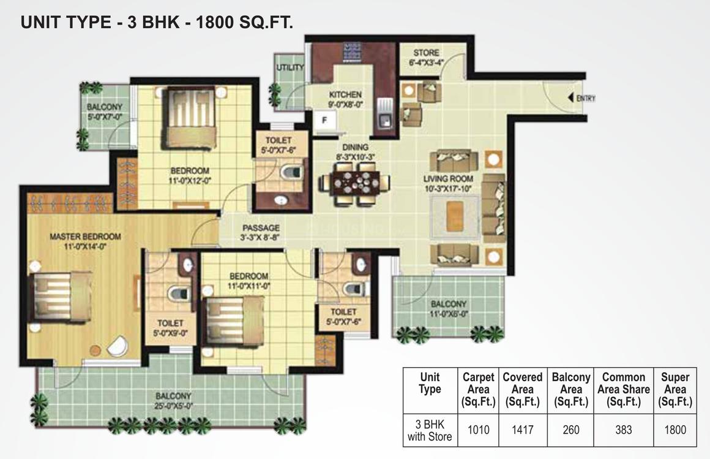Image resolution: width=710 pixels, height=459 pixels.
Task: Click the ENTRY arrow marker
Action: [571, 97]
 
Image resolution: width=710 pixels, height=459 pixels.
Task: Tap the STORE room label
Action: [426, 53]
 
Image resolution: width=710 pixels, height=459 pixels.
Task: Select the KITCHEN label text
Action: [345, 95]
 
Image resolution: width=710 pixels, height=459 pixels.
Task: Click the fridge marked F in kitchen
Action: [324, 121]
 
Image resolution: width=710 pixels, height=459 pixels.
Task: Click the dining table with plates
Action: [356, 182]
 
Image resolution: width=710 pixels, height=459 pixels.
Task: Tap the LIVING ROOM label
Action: [448, 179]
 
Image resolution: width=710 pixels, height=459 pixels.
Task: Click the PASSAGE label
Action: [261, 228]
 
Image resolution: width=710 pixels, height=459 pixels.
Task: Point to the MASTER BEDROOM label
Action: [85, 237]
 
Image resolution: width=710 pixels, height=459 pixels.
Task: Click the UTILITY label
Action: [290, 67]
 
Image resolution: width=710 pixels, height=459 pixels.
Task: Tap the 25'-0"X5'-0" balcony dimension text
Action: [173, 406]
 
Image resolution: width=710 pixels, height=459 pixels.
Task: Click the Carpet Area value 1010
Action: [478, 430]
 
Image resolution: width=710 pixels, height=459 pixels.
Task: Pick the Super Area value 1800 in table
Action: [675, 430]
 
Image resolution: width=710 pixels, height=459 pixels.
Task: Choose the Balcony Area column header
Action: [571, 389]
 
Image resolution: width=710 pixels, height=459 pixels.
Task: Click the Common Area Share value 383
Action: [624, 430]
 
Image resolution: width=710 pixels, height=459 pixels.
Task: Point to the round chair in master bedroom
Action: [118, 346]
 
